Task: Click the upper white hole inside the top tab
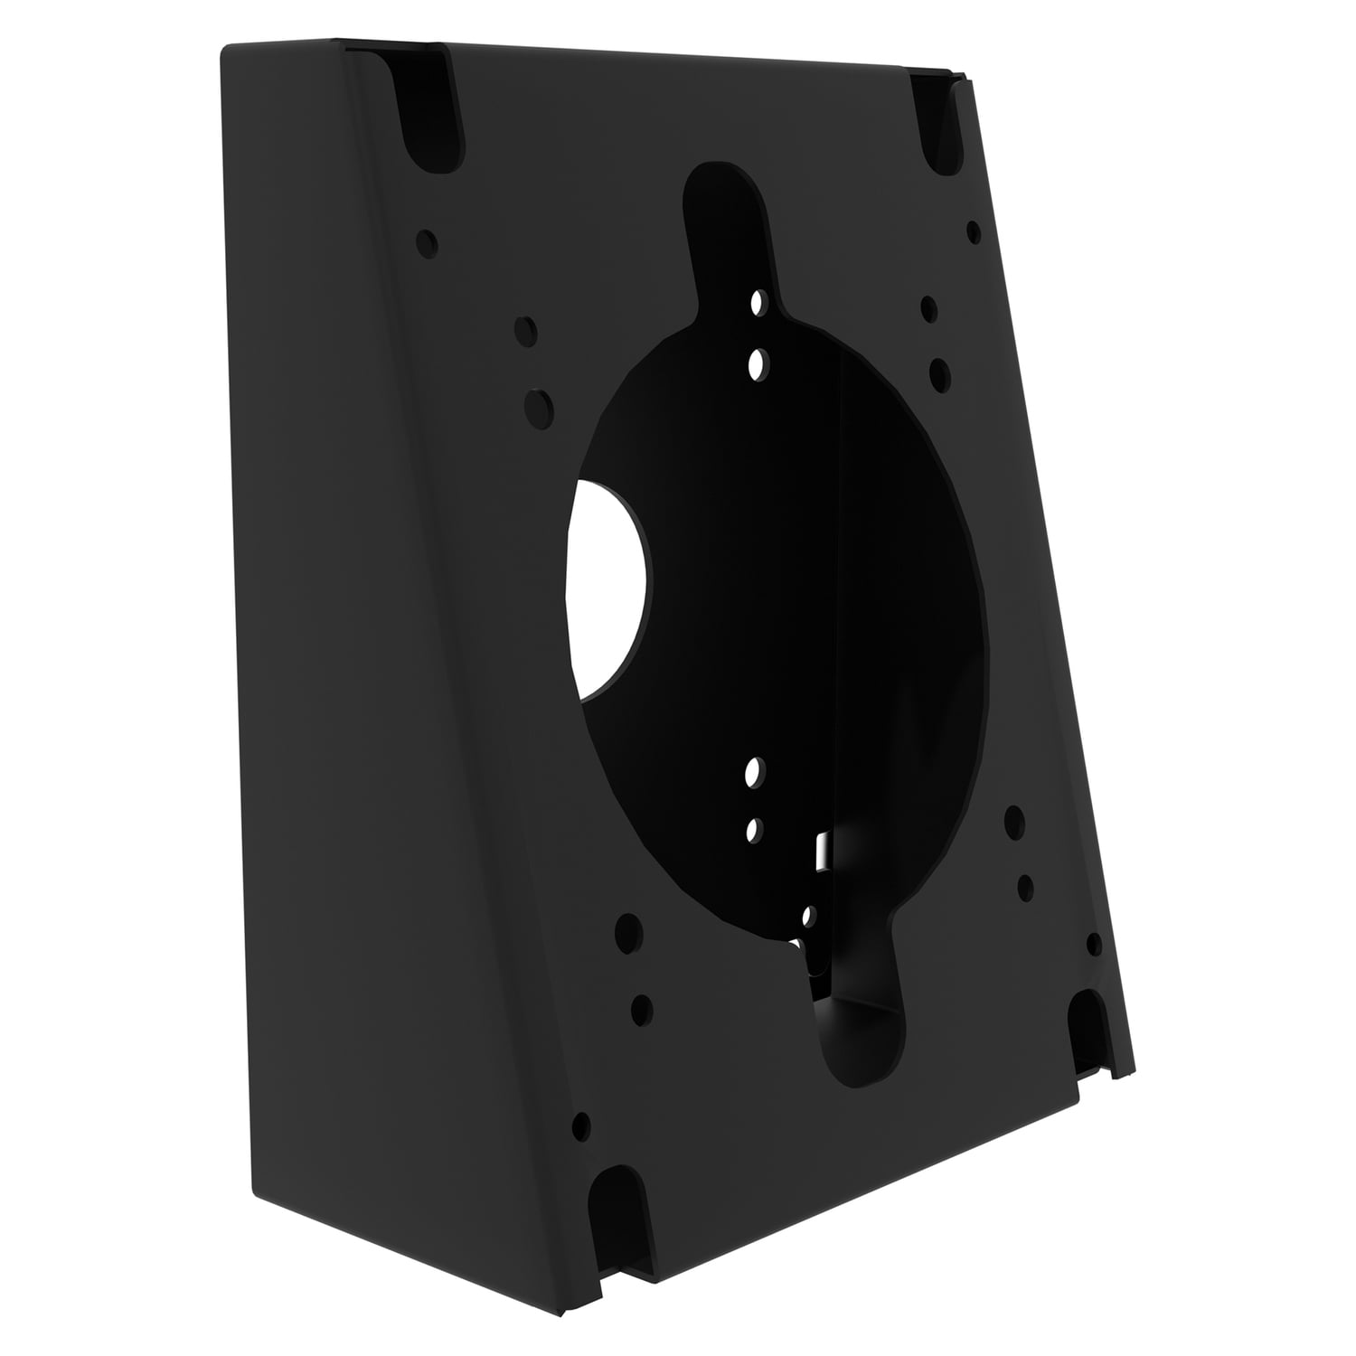coord(758,302)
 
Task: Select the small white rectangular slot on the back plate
coord(822,849)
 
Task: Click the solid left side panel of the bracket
coord(362,633)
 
